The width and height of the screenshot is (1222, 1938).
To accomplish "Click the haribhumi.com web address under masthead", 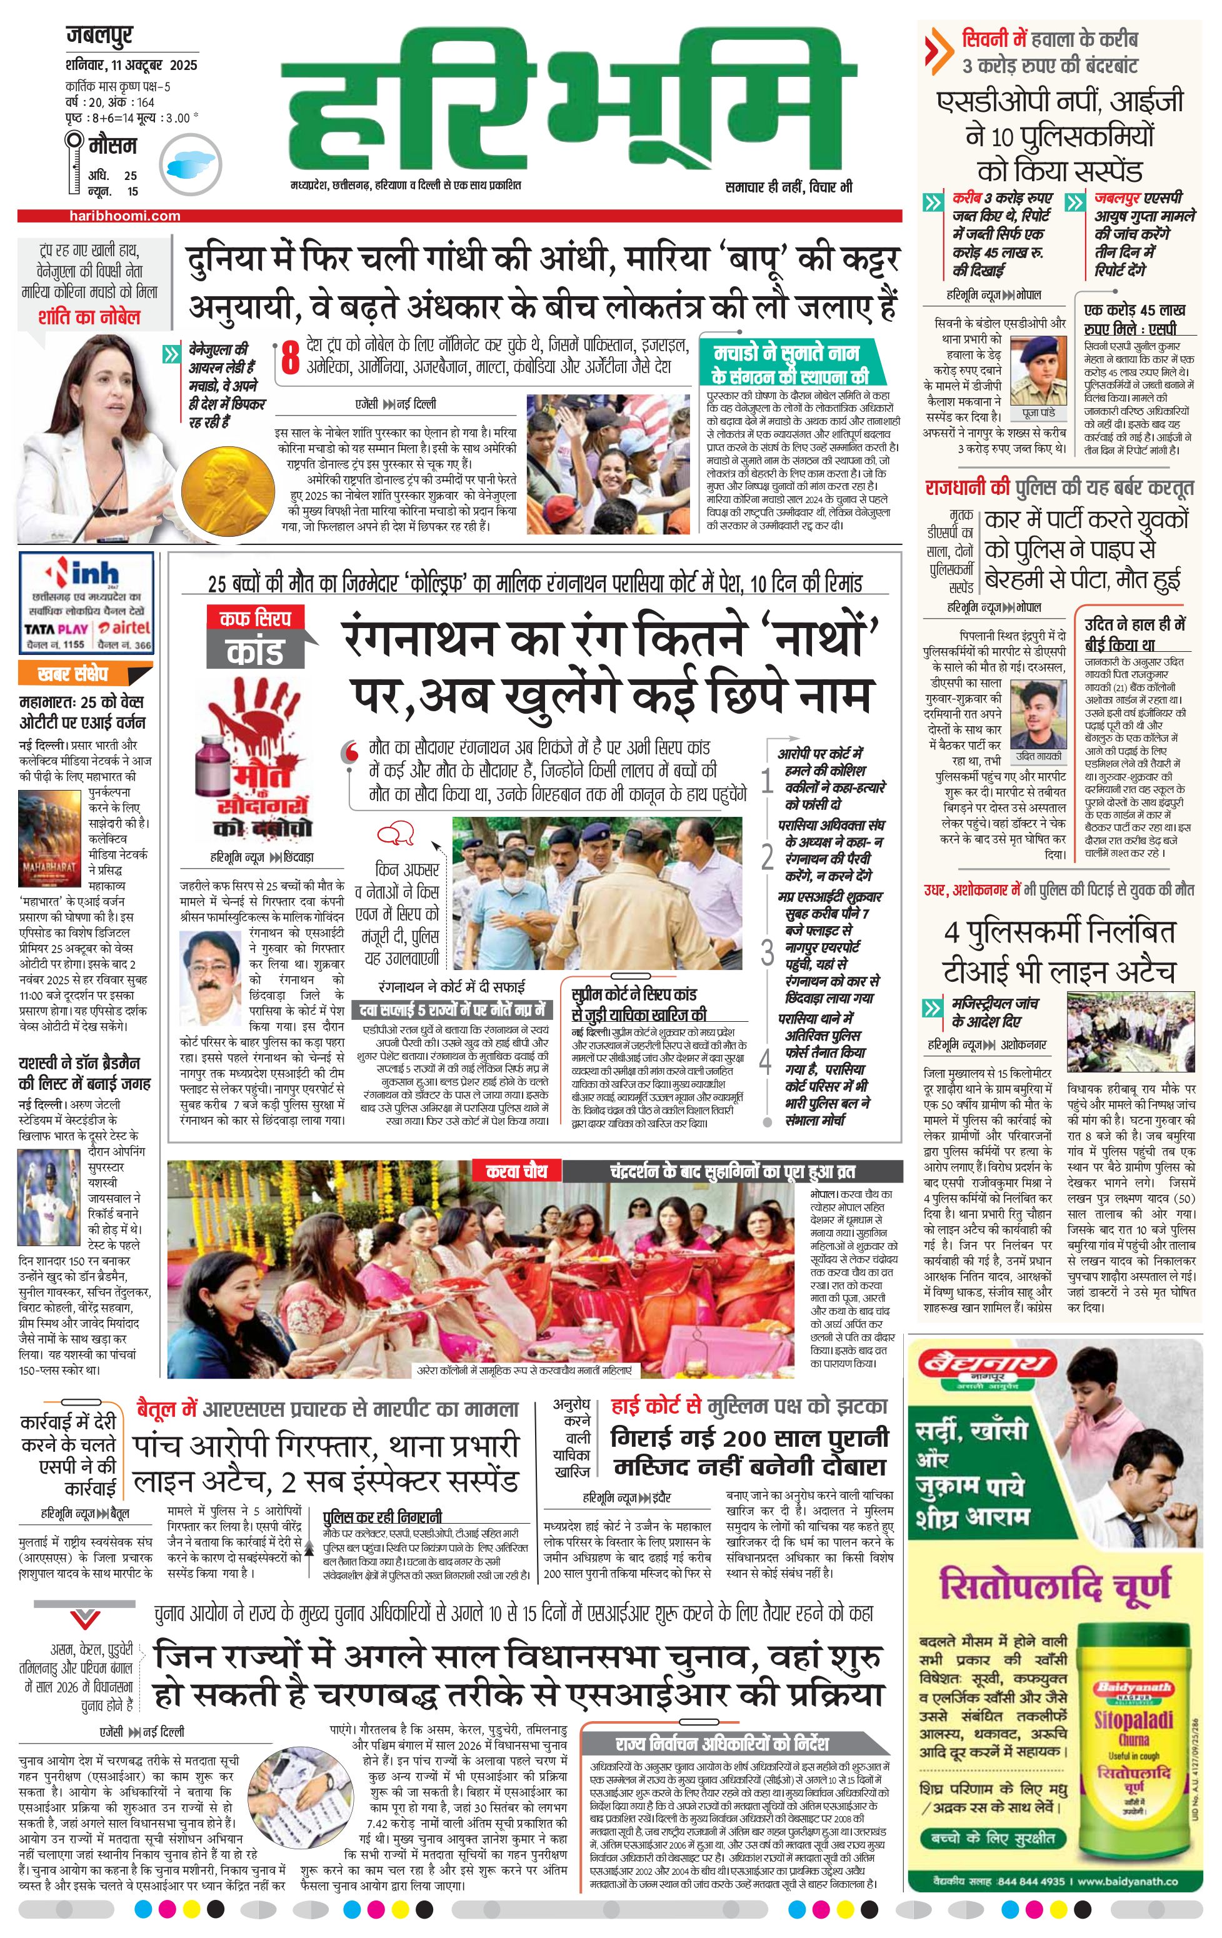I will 125,216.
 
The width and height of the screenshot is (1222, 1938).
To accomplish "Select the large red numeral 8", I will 290,358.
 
